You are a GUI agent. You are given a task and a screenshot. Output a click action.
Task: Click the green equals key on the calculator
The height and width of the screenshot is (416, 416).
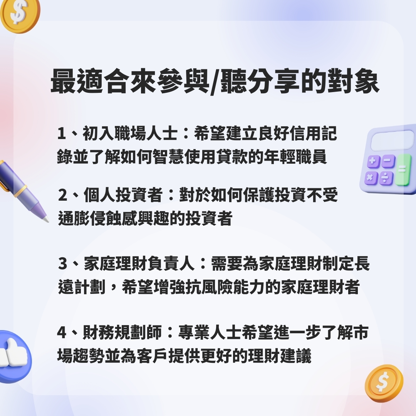[403, 170]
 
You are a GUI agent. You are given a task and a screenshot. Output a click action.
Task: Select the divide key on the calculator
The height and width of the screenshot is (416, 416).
[386, 178]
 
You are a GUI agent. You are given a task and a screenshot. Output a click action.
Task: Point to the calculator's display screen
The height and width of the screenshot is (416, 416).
[392, 141]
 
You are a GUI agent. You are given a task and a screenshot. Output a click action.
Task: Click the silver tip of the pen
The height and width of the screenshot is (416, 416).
[46, 219]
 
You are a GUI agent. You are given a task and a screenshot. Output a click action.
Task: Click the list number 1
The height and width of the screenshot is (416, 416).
[62, 133]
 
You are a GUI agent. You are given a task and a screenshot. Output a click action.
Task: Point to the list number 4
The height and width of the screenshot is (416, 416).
[62, 332]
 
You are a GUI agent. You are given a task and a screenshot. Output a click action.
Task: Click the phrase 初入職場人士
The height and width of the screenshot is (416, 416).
[130, 133]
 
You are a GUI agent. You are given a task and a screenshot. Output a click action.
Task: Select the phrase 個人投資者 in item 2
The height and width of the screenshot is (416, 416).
[123, 195]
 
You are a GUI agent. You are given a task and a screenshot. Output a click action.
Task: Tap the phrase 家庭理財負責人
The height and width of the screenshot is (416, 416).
[139, 264]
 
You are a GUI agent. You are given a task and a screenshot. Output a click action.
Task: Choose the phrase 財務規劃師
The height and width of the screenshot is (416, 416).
[122, 332]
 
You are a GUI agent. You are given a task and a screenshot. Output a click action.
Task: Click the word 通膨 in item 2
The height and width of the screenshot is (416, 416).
[74, 218]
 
